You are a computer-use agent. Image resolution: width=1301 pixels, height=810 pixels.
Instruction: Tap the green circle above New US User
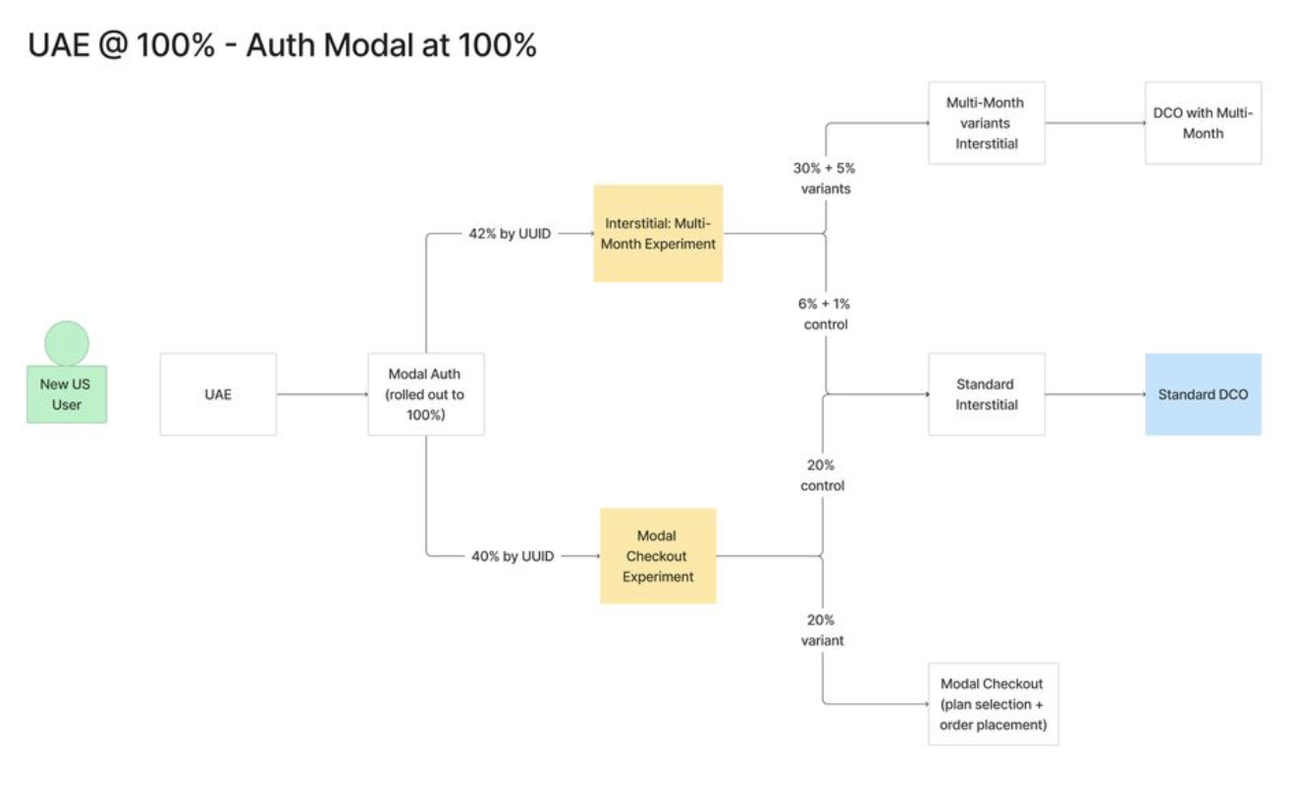[x=67, y=343]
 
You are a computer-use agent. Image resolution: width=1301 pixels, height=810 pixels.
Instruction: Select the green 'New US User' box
[x=67, y=395]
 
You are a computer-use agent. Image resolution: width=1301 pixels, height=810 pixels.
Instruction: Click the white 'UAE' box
[x=218, y=394]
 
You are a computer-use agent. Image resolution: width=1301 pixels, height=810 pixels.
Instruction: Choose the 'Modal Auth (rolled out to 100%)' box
[x=425, y=394]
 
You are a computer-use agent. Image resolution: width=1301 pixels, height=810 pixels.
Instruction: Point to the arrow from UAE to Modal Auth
[x=322, y=395]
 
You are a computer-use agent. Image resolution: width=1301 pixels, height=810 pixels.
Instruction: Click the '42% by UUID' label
[x=511, y=235]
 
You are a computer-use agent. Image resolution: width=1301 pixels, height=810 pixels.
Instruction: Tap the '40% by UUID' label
[x=511, y=556]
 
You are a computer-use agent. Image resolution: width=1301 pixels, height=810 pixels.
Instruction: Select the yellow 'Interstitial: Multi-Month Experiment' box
[x=658, y=234]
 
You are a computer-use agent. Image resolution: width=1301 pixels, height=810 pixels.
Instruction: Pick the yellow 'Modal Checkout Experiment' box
[x=658, y=556]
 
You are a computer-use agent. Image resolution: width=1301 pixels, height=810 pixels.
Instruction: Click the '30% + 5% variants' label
[x=825, y=178]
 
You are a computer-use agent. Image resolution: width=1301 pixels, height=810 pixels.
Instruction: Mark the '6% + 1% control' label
[x=825, y=314]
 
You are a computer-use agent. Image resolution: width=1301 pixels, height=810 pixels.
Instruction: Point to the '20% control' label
[x=822, y=475]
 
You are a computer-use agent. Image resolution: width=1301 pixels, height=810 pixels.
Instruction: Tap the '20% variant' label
[x=822, y=630]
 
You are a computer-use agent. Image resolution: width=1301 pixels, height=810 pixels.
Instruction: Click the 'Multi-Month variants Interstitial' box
[x=986, y=123]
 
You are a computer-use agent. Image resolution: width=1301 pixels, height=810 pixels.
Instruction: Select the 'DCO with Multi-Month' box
[x=1203, y=123]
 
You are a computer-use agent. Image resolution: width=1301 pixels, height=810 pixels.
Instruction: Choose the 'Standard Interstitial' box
[x=986, y=394]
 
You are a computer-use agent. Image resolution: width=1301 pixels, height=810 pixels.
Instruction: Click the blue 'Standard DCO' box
[x=1203, y=394]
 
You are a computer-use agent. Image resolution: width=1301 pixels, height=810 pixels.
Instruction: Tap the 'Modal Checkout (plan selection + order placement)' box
[x=993, y=704]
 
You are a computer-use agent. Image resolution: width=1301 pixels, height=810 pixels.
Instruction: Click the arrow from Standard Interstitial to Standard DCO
[x=1095, y=395]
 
